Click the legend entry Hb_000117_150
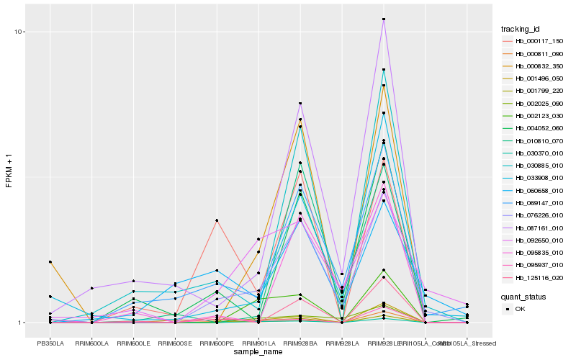coord(534,41)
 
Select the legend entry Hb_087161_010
coord(534,228)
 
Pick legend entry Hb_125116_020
coord(534,277)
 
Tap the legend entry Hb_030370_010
coord(534,153)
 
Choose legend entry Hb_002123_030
coord(534,115)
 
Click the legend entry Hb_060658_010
coord(534,190)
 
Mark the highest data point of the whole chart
coord(384,19)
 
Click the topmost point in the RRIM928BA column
coord(300,104)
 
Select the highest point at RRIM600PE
coord(217,220)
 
